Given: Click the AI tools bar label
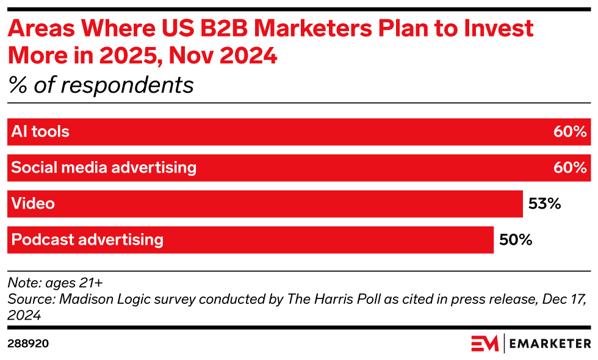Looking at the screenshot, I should (x=40, y=132).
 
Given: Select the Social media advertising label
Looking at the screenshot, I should (x=104, y=168).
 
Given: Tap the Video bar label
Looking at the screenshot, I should (x=33, y=204).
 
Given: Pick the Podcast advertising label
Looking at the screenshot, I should (x=87, y=240).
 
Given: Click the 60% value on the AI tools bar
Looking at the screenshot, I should (x=570, y=132).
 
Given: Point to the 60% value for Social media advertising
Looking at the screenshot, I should (x=570, y=168).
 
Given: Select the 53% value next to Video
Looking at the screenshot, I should (x=544, y=204).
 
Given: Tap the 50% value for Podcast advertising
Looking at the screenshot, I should (x=516, y=240).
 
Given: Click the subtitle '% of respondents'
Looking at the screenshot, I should (x=101, y=85).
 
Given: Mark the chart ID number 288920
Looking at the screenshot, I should (x=28, y=344).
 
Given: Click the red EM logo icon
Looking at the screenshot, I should (x=485, y=344).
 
